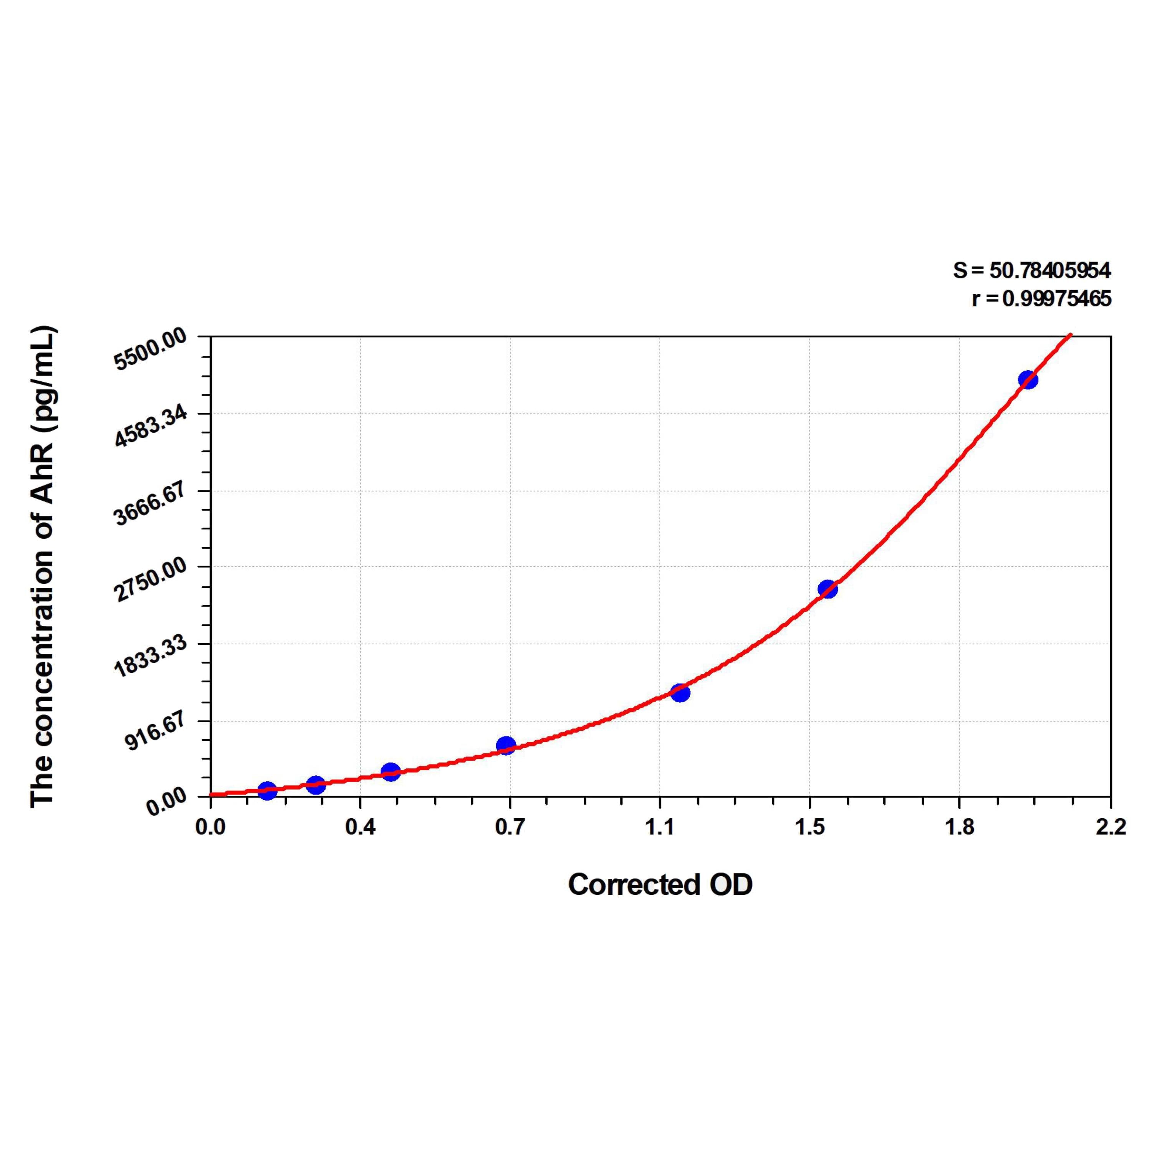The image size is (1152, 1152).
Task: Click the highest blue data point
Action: click(x=1027, y=380)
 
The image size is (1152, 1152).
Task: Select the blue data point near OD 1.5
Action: click(x=828, y=589)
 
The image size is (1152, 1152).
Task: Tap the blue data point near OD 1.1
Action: click(x=680, y=693)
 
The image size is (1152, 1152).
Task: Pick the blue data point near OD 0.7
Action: click(x=506, y=745)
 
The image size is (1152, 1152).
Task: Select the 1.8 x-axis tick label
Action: click(x=960, y=828)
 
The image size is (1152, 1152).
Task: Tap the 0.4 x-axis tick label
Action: click(x=360, y=828)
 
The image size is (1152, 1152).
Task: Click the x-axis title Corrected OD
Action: click(x=660, y=885)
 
